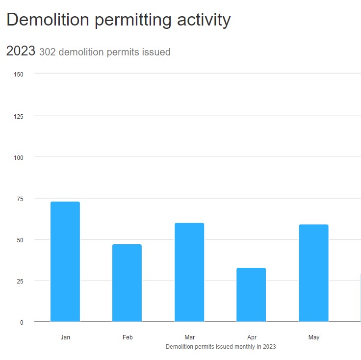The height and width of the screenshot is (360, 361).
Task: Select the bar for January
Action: pos(65,262)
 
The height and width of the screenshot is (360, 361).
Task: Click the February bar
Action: pos(127,283)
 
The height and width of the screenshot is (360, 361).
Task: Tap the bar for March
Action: pos(189,273)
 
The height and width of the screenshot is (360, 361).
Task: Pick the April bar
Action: pos(251,295)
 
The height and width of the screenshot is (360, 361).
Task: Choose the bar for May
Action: pos(313,273)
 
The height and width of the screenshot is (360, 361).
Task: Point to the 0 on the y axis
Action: pos(21,322)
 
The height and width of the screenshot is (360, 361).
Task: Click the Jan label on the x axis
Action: pos(65,337)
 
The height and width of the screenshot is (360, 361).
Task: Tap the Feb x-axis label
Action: pos(128,337)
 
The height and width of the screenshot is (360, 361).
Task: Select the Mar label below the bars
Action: pos(189,337)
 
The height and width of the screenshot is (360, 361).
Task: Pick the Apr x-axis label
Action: pos(252,337)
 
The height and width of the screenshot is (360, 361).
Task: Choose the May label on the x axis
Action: pos(314,337)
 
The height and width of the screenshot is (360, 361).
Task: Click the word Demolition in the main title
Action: pos(48,20)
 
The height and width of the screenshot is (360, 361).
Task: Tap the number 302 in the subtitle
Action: pos(47,52)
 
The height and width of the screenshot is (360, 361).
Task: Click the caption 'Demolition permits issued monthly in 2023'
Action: pos(221,347)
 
